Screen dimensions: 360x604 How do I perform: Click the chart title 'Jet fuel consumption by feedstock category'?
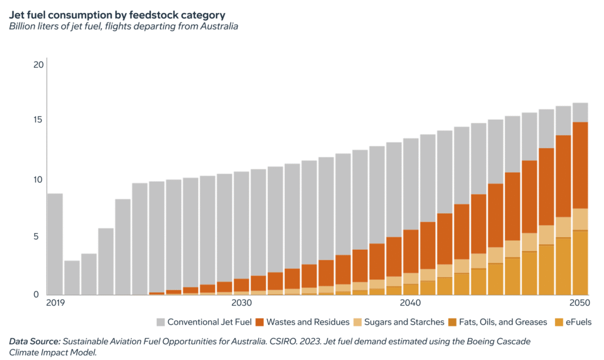pyautogui.click(x=117, y=15)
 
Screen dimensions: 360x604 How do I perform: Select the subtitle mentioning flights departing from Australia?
pyautogui.click(x=123, y=27)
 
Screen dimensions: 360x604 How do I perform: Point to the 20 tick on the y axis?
pyautogui.click(x=38, y=64)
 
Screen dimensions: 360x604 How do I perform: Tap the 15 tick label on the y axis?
pyautogui.click(x=39, y=120)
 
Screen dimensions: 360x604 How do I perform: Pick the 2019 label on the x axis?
pyautogui.click(x=55, y=303)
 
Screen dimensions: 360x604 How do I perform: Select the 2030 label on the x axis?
pyautogui.click(x=241, y=303)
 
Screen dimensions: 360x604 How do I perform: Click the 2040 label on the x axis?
pyautogui.click(x=409, y=303)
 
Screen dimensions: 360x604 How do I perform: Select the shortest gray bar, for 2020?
pyautogui.click(x=72, y=277)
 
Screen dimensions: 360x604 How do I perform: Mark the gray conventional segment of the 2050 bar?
pyautogui.click(x=580, y=112)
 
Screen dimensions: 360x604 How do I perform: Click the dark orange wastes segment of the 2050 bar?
pyautogui.click(x=580, y=165)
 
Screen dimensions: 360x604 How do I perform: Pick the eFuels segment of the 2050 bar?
pyautogui.click(x=580, y=263)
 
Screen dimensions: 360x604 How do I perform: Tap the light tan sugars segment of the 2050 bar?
pyautogui.click(x=580, y=219)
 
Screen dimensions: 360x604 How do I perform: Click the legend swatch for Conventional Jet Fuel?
pyautogui.click(x=160, y=322)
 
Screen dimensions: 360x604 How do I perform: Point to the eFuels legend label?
pyautogui.click(x=575, y=322)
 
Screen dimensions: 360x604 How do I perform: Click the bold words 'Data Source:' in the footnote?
pyautogui.click(x=34, y=341)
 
